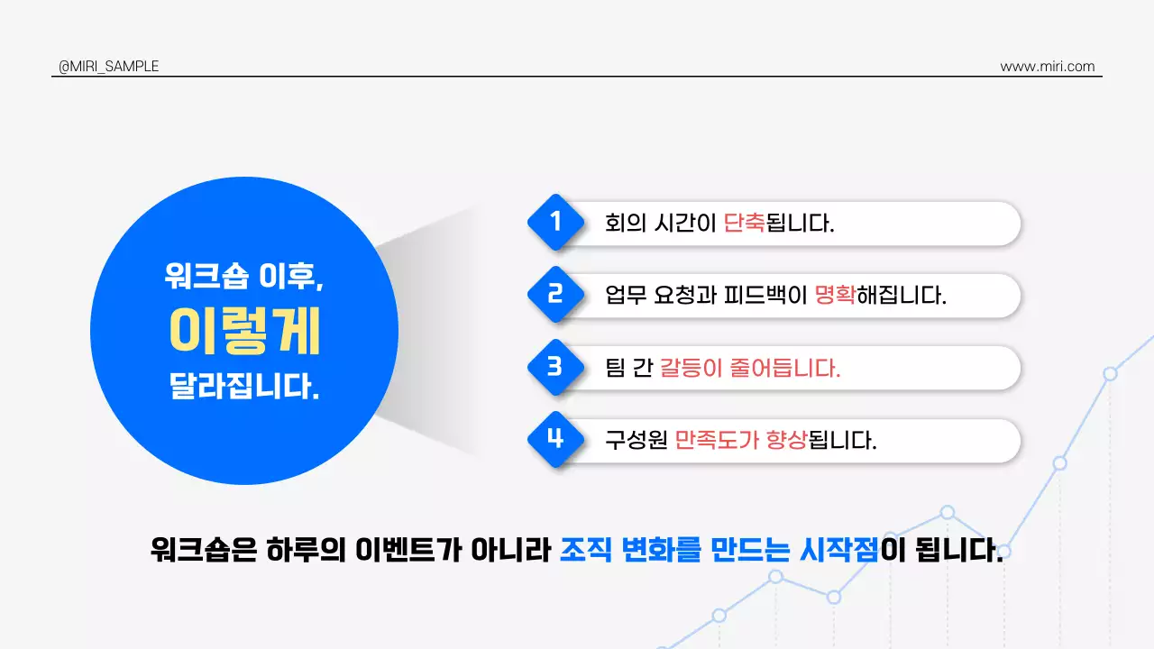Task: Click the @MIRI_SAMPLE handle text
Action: click(108, 67)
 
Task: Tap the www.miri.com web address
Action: click(1048, 67)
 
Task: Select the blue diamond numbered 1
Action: click(555, 222)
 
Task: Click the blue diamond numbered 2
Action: click(555, 294)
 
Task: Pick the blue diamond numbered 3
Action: click(555, 367)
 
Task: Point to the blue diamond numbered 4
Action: click(555, 439)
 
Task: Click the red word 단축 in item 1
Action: click(744, 223)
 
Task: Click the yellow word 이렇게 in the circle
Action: click(244, 332)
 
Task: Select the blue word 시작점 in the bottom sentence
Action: click(838, 549)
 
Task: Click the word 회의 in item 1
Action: click(622, 223)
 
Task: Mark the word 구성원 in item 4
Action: click(636, 440)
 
